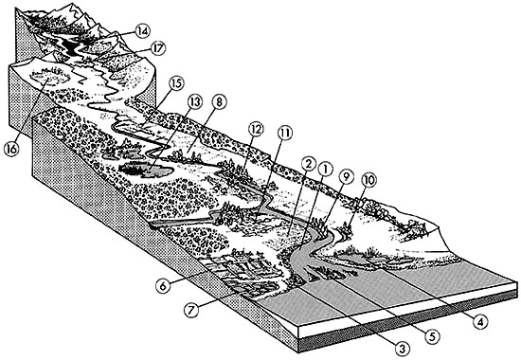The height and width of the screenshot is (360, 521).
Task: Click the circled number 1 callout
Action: pos(325,170)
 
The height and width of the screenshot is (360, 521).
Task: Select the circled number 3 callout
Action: pos(403,349)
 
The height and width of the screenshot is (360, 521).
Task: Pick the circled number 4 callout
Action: pos(480,321)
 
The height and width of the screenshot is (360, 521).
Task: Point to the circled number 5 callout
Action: pos(432,336)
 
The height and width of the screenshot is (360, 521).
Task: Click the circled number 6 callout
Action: pos(164,286)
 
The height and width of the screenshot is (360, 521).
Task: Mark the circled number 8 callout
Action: pos(218,102)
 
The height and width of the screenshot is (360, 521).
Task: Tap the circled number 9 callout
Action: pos(346,177)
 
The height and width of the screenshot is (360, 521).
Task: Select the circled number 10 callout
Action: pos(369,181)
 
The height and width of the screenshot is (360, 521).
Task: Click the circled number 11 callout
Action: pos(285,134)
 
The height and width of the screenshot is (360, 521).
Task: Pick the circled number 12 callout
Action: pos(256,129)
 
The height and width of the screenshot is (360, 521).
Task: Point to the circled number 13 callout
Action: pos(195,102)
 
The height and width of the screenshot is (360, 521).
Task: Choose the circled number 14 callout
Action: pos(143,31)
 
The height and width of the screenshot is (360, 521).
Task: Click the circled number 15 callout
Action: pos(176,83)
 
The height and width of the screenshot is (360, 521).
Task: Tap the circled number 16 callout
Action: pos(11,149)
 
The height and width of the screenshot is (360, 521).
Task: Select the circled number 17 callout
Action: pos(157,49)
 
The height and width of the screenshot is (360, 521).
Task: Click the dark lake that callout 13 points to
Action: pos(146,170)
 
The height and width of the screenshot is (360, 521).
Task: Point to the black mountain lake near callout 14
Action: pos(71,46)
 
